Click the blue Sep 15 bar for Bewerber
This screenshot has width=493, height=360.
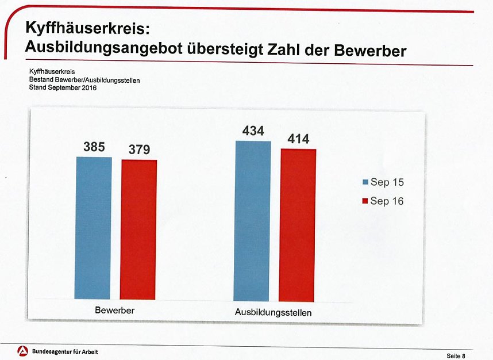[x=94, y=228]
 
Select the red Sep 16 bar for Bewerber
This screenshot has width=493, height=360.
[x=138, y=229]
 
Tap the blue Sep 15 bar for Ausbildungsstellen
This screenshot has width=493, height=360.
[x=252, y=221]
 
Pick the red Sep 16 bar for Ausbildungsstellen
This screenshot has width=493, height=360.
[x=298, y=225]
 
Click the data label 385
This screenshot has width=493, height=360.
[x=94, y=147]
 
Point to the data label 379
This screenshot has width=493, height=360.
[x=139, y=150]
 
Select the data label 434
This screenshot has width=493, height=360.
[x=253, y=132]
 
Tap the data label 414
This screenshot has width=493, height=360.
[x=298, y=139]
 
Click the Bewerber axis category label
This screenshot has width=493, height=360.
[x=115, y=311]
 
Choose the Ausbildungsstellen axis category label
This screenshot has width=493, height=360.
[x=274, y=313]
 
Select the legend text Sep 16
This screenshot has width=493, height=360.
[x=387, y=201]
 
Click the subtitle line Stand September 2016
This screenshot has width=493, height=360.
[x=63, y=88]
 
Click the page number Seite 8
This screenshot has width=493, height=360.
[x=456, y=356]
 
